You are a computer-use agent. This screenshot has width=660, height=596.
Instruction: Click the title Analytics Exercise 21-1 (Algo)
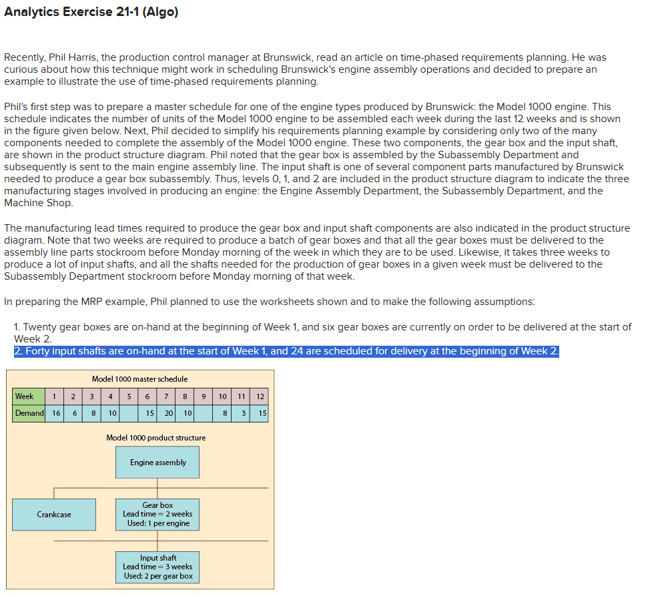(91, 13)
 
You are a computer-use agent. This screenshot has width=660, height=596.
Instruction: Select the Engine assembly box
(157, 463)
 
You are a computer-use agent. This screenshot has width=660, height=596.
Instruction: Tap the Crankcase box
(54, 515)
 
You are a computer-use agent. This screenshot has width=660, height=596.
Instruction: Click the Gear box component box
(157, 515)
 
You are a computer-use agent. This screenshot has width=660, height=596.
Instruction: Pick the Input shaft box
(157, 567)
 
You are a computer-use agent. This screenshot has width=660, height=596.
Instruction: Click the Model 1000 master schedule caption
(139, 379)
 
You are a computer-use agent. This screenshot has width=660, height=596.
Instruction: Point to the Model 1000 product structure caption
(155, 438)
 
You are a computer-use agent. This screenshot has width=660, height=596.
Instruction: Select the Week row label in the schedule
(25, 396)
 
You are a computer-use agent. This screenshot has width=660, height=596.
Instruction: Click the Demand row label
(29, 413)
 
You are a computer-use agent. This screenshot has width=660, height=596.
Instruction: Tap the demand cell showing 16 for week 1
(56, 413)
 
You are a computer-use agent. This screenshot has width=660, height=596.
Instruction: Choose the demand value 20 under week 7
(169, 413)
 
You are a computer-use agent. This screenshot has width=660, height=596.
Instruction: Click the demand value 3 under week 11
(245, 413)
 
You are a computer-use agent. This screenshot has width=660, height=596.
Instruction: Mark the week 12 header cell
(260, 396)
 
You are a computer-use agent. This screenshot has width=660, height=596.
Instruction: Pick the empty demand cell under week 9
(205, 413)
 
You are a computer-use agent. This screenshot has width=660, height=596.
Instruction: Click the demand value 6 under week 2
(75, 413)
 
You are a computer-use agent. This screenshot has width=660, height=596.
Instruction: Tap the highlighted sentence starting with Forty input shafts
(286, 352)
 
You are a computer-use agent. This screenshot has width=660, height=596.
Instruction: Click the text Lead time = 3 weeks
(157, 567)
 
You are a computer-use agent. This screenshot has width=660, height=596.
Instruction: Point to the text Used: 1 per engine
(158, 523)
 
